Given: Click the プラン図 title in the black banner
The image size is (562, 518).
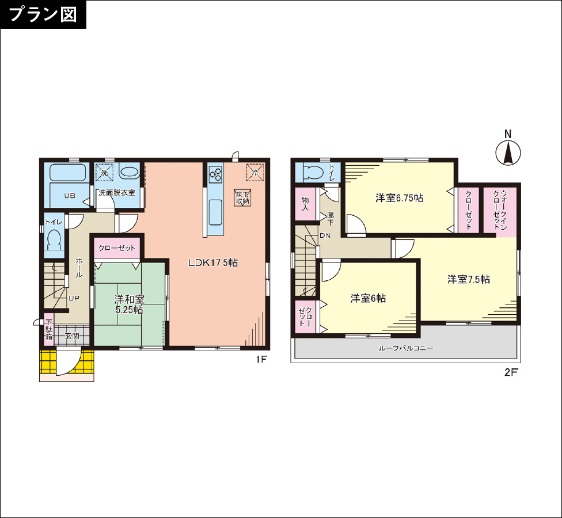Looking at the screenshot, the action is coord(43,14).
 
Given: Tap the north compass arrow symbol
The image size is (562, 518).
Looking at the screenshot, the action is coord(508,153).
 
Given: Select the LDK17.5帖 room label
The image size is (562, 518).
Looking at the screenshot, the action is coord(213,262).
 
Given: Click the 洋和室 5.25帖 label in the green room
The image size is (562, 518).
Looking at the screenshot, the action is coord(130,304).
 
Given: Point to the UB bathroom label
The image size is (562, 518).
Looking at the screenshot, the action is coord(70,196).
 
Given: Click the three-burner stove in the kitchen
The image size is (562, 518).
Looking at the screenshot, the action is coord(216,174).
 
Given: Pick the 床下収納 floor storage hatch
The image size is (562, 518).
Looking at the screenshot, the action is coord(242,197).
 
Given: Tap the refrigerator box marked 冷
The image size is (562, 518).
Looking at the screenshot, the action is coord(255,172).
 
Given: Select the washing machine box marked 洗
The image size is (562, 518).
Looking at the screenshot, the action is coord(104,172).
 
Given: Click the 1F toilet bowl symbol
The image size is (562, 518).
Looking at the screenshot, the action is coord(54,239).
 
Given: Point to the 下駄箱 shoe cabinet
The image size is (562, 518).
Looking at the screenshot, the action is coord(49,330).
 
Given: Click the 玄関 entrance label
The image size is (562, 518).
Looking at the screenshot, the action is coord(72,336).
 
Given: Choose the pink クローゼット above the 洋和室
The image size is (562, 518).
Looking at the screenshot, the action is coord(117,248).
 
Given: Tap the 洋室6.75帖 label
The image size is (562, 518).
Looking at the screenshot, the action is coord(399,198).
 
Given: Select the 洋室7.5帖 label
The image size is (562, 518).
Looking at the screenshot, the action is coord(469,279).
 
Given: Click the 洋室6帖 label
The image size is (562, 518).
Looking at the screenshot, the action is coord(368,298).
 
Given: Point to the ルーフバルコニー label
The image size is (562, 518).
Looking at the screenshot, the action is coord(406,348).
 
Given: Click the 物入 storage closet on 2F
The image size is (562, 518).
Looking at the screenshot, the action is coord(305,204).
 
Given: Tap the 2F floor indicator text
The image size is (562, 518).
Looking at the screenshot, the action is coord(511,372).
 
